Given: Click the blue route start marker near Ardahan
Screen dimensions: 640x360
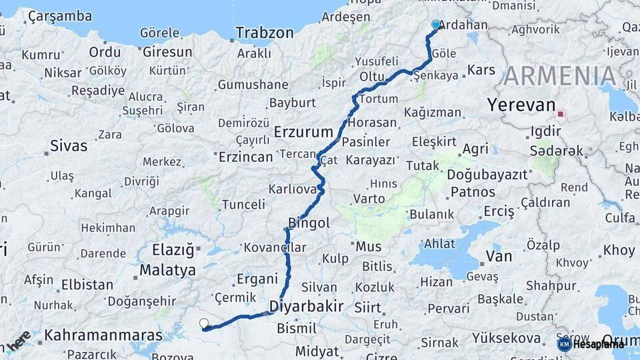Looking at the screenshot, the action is point(436,25).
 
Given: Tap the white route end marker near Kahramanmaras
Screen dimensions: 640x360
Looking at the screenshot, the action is point(204,324).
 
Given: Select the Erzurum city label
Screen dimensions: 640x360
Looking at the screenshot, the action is point(303,131).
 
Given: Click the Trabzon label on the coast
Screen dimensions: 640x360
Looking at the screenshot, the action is point(265,33).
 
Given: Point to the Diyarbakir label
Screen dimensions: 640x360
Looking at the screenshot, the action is point(306,307).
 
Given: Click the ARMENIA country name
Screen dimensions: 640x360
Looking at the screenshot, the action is point(560,76).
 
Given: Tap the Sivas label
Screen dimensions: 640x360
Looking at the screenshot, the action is point(69,145).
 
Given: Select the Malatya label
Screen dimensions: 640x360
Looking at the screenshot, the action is point(167,270).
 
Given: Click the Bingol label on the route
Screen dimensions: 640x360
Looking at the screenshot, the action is point(309,223).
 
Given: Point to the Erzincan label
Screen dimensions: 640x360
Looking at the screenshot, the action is point(246,157).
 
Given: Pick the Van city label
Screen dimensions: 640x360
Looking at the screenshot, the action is point(499,256).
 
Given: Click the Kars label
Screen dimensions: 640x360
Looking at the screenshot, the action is point(481,69).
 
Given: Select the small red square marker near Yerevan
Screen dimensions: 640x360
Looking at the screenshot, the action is point(561,114).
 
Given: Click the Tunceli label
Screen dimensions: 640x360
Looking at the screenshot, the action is point(243,204).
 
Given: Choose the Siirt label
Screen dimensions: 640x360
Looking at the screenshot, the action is point(367,308).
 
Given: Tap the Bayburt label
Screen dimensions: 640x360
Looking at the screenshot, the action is point(292,103).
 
